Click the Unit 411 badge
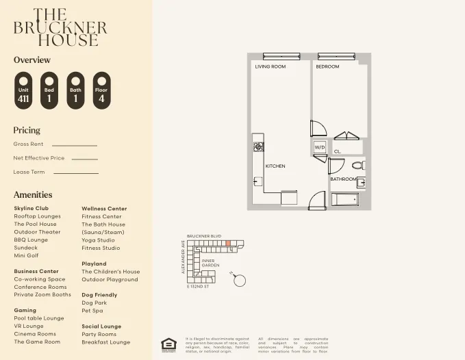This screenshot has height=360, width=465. pos(24,91)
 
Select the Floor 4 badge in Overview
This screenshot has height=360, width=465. pos(101,91)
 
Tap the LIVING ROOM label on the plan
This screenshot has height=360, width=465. pos(270,67)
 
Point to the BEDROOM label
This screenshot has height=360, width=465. pos(327,67)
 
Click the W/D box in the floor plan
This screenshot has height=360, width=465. pos(320,148)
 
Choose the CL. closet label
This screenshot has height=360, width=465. pos(337,152)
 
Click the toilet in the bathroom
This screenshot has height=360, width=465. pos(357,166)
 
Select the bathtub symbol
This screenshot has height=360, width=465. pos(344,199)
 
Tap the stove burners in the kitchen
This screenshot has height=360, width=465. pos(259,146)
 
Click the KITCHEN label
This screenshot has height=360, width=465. pos(275,166)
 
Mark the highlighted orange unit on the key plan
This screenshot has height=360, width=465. pos(228,244)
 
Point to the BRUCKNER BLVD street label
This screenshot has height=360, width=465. pos(204,235)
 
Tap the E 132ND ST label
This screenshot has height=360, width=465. pos(197,287)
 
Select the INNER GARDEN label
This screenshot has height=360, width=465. pos(210,262)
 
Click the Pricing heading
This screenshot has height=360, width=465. pos(27,130)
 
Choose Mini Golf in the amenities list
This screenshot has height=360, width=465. pos(26,255)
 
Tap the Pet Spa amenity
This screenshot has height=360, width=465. pos(92,311)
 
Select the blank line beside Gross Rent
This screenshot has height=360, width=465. pos(74,145)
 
